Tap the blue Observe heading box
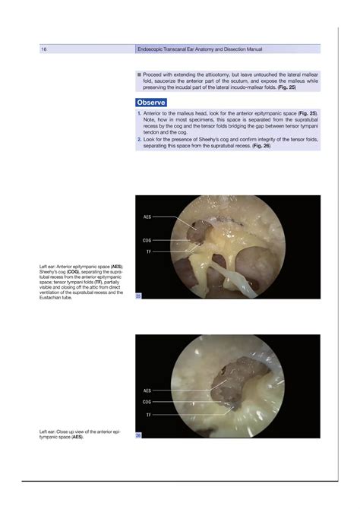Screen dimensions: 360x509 point(152,102)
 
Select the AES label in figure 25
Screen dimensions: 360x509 point(147,217)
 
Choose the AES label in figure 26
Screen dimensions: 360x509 point(147,390)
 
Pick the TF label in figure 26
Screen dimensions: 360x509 point(149,416)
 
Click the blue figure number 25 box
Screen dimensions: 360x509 point(138,296)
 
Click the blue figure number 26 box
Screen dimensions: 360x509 point(138,435)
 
